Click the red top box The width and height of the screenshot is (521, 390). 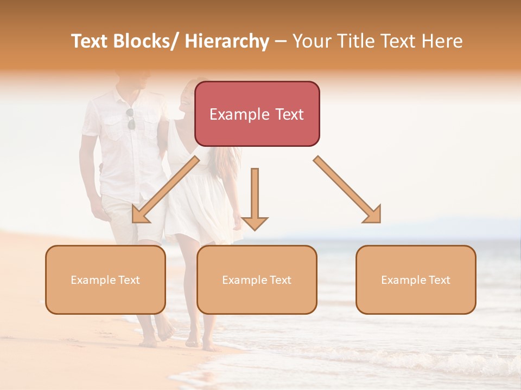pyautogui.click(x=257, y=114)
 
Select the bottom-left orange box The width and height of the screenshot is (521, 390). pyautogui.click(x=105, y=279)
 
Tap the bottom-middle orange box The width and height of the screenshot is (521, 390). pyautogui.click(x=257, y=279)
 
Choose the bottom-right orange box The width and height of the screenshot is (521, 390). pyautogui.click(x=416, y=279)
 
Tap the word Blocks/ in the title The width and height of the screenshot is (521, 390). pyautogui.click(x=145, y=42)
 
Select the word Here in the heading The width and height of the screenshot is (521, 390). pyautogui.click(x=443, y=42)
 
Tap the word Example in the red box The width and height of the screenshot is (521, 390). pyautogui.click(x=239, y=114)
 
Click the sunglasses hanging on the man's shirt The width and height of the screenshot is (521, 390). pyautogui.click(x=131, y=120)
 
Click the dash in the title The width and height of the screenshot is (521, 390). pyautogui.click(x=280, y=42)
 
